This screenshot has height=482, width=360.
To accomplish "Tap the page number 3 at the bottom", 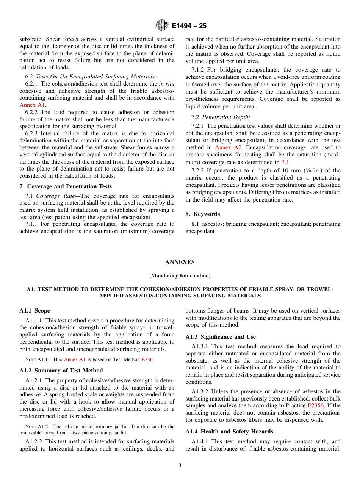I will coord(180,466).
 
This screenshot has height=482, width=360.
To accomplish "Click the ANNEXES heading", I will coord(180,262).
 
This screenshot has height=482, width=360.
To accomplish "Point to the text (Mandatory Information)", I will coord(180,275).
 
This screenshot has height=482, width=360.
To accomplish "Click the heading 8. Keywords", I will coord(202,214).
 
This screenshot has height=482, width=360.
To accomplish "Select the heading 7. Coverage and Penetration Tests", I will coord(66,186).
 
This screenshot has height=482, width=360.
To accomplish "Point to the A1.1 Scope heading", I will coord(34,311).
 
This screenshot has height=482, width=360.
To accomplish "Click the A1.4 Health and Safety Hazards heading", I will coord(229,432).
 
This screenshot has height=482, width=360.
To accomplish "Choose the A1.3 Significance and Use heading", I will coord(220,337).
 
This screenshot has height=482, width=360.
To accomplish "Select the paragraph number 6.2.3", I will coord(33,133).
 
